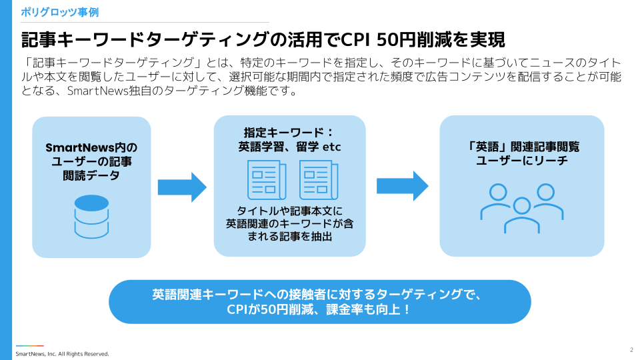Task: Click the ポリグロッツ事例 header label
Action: pyautogui.click(x=60, y=12)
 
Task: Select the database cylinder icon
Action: pyautogui.click(x=91, y=217)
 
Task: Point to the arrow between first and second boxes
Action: pyautogui.click(x=182, y=187)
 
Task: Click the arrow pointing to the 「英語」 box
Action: pyautogui.click(x=402, y=186)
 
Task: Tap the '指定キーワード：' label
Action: pyautogui.click(x=289, y=133)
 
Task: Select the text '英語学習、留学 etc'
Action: pyautogui.click(x=289, y=147)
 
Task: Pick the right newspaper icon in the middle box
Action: pyautogui.click(x=319, y=180)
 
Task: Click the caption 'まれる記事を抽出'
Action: pyautogui.click(x=289, y=237)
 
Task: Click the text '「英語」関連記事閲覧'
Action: pyautogui.click(x=522, y=147)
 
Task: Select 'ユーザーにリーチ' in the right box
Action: pyautogui.click(x=522, y=161)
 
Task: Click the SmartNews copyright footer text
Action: pyautogui.click(x=62, y=353)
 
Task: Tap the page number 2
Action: pyautogui.click(x=631, y=349)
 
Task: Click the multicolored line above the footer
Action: pyautogui.click(x=30, y=345)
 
